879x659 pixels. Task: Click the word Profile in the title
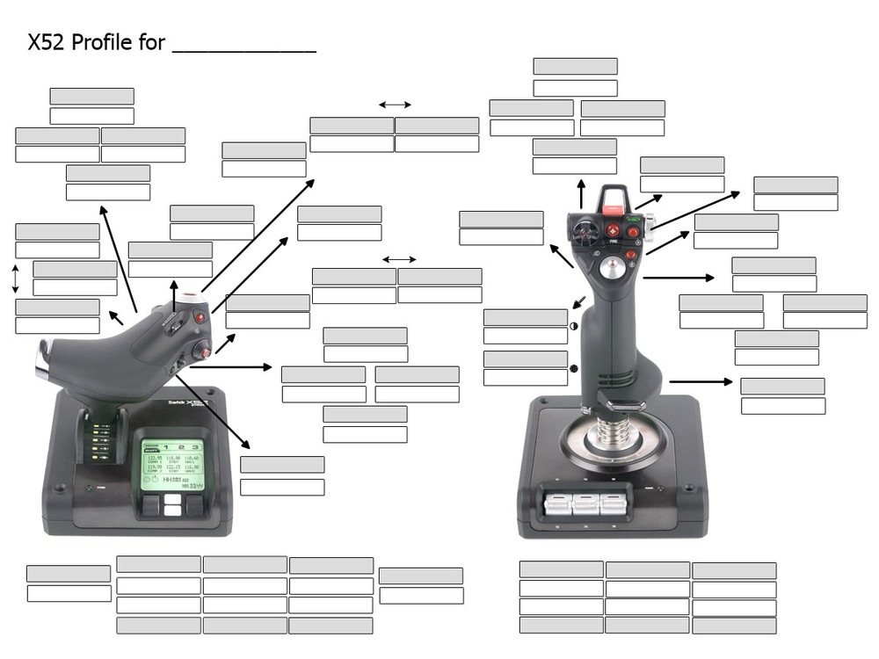coord(106,42)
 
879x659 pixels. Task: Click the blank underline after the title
coord(243,49)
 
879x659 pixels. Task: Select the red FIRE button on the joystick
coord(613,230)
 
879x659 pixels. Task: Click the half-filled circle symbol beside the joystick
coord(573,326)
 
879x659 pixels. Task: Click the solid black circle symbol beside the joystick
coord(573,367)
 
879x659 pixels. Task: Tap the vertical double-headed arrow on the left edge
coord(14,278)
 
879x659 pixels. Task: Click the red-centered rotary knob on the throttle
coord(202,349)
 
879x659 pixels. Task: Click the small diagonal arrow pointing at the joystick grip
coord(578,302)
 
